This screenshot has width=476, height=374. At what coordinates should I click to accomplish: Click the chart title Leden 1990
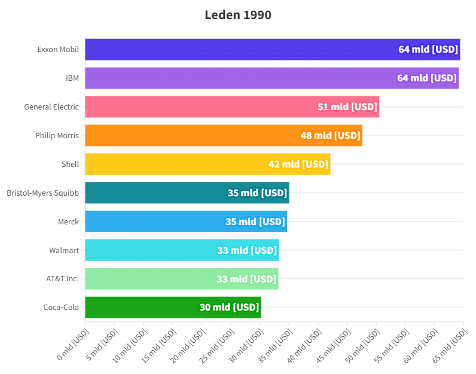tap(238, 15)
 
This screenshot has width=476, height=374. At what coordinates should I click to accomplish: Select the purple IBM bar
tap(239, 78)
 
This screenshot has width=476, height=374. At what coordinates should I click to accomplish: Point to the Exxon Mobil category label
tap(58, 50)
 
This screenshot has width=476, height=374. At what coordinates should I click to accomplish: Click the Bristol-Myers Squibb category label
tap(43, 193)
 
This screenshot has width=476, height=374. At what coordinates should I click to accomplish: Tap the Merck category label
tap(68, 221)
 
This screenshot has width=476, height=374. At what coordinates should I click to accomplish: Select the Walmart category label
tap(64, 250)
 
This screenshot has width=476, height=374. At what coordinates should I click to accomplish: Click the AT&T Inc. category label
tap(63, 279)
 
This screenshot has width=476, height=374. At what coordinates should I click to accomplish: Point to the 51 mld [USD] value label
tap(347, 107)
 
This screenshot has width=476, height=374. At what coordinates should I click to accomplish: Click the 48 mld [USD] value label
tap(330, 135)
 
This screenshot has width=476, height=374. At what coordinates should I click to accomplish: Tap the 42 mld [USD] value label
tap(298, 164)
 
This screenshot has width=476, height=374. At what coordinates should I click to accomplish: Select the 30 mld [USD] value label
tap(229, 308)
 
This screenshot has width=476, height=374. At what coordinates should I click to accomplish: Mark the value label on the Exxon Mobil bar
tap(428, 50)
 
